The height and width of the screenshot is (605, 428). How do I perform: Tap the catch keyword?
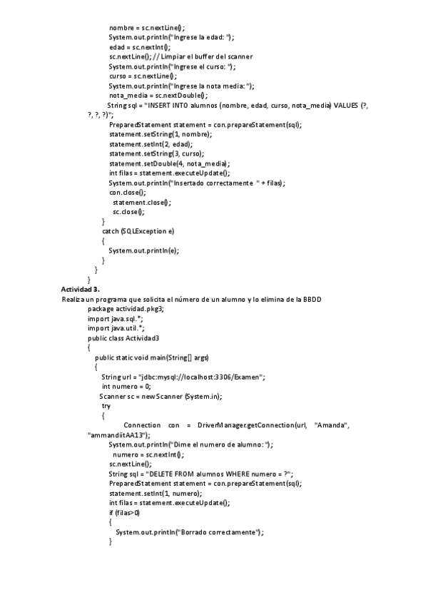click(110, 231)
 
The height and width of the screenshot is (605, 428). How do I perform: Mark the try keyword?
click(106, 405)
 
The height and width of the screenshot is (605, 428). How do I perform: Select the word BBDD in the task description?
click(311, 299)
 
